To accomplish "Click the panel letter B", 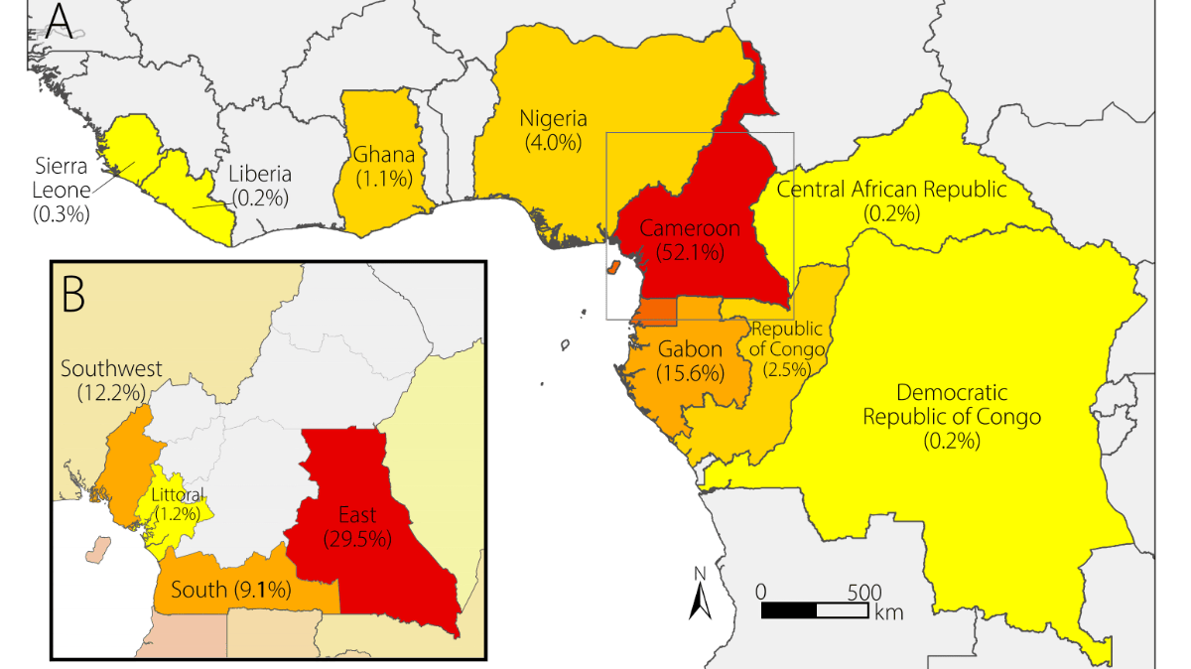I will (76, 295).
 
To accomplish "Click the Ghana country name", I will (383, 155).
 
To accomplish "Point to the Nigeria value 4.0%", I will (554, 142).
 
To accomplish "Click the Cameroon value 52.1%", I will (690, 251).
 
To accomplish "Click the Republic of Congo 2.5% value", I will (786, 369).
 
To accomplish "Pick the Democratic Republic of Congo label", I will (952, 404).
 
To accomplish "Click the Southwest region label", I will (111, 369).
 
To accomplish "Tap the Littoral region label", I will (177, 494).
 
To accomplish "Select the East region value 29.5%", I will (357, 539).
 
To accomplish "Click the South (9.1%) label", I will (230, 590).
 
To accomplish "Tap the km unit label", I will (889, 611).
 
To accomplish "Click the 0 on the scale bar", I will (761, 590).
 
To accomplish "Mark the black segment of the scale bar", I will (789, 608).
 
